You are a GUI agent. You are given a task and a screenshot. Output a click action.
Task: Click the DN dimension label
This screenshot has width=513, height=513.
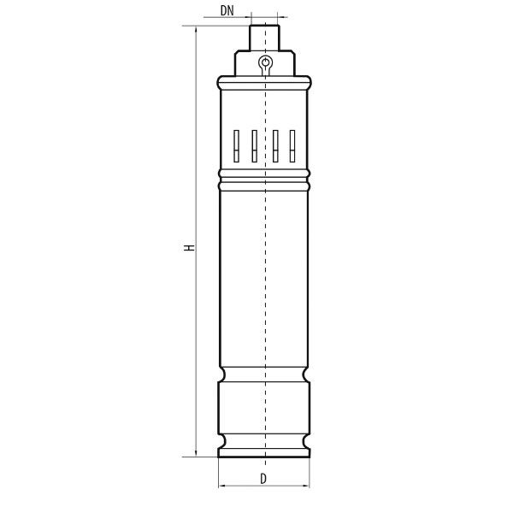[x=227, y=11]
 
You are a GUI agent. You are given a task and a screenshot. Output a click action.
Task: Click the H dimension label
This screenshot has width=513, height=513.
[x=189, y=248]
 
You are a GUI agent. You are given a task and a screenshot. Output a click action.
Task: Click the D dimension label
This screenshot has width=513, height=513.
[x=263, y=479]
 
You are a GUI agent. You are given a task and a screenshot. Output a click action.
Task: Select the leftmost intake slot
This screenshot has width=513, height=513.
[x=236, y=146]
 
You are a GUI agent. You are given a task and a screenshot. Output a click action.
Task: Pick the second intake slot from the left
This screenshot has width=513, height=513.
[x=254, y=146]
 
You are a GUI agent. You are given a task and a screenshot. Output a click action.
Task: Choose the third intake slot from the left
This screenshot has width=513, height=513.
[x=275, y=146]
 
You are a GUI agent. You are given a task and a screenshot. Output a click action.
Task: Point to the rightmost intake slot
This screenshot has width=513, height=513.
[x=292, y=146]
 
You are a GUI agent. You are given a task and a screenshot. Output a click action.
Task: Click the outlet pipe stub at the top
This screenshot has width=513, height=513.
[x=265, y=38]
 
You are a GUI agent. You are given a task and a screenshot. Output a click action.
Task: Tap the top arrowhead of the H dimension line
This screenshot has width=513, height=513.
[x=196, y=29]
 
